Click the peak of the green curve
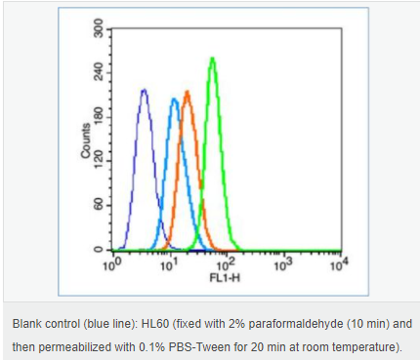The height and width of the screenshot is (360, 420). point(213,59)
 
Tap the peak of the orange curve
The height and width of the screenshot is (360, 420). point(187,92)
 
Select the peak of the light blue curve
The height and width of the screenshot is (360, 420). point(174,99)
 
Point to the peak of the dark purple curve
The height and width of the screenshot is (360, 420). point(144,90)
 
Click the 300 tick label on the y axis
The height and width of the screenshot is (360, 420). point(98,28)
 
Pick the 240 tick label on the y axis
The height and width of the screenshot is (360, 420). point(98,72)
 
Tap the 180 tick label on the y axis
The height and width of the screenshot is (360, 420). point(98,117)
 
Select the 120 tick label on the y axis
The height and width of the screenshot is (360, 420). point(98,161)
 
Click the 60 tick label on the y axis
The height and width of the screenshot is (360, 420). point(98,205)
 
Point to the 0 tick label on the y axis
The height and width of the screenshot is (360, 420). point(98,250)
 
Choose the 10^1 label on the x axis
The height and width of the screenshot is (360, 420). point(169,264)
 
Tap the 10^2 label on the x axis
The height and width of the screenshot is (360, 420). point(226,264)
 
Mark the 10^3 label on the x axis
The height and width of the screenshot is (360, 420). point(283,264)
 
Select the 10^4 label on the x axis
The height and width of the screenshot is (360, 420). point(339,264)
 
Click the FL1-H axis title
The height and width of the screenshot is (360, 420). point(225,278)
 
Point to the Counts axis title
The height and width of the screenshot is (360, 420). point(85,140)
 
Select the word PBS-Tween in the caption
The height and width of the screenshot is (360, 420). point(199,347)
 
